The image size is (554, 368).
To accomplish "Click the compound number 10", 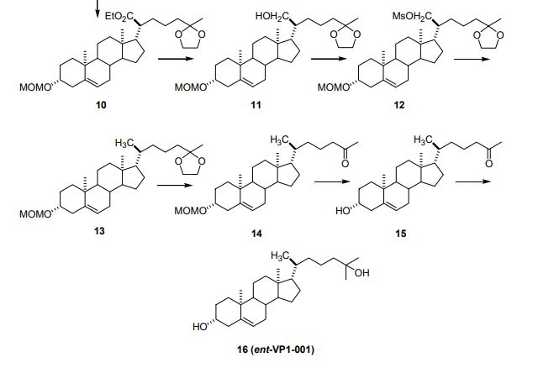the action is tap(101, 104).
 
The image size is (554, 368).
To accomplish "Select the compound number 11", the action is tap(256, 104).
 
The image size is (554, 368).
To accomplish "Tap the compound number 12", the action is tap(398, 104).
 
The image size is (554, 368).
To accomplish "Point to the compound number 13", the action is tap(99, 231).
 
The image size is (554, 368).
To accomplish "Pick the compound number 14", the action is tap(256, 234).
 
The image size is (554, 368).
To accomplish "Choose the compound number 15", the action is tap(401, 234).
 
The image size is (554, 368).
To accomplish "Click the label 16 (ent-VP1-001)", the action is tap(276, 350).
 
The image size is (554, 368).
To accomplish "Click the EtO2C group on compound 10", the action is tap(120, 16).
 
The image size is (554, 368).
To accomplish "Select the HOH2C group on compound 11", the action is tap(272, 16).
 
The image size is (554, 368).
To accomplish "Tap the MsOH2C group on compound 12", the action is tap(412, 16).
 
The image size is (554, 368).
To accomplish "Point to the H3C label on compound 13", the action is tap(124, 143).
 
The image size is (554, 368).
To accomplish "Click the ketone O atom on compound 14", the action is tap(345, 163).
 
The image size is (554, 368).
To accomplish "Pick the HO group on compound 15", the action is tap(342, 211).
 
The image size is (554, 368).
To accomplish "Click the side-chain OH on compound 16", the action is tap(361, 273).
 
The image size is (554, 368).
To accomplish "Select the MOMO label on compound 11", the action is tap(190, 87).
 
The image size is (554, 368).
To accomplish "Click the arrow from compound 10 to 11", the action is tap(176, 59).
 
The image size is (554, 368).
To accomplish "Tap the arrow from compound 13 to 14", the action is tap(175, 185).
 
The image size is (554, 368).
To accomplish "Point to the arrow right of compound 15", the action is tap(473, 181).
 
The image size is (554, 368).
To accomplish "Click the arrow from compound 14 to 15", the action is tap(332, 181).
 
